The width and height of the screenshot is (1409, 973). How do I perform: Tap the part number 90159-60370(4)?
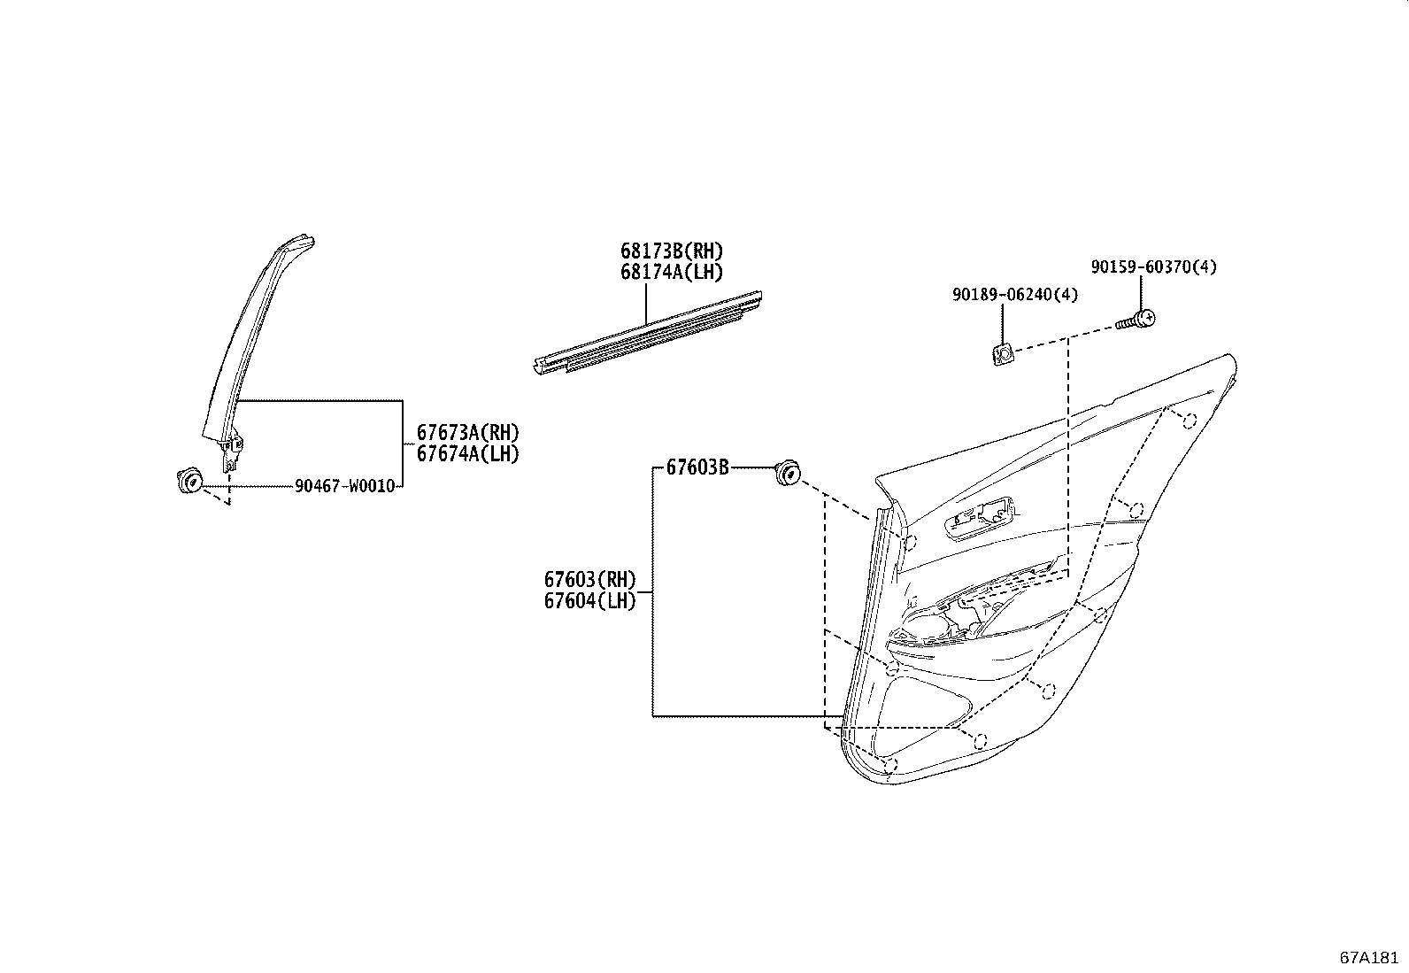click(1153, 266)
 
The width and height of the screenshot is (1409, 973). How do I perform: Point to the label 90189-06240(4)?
click(1015, 295)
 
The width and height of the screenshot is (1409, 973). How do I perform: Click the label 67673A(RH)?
click(467, 433)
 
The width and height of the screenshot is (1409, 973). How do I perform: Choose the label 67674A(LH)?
click(467, 453)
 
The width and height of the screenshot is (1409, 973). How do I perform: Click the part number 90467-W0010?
click(344, 486)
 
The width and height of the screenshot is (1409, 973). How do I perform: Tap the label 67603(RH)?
click(589, 580)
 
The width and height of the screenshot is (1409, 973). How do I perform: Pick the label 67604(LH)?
click(589, 601)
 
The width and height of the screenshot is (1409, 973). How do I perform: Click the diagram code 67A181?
click(1368, 958)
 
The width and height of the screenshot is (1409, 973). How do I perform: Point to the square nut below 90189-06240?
click(1002, 355)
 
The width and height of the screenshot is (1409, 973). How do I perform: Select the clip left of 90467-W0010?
click(189, 483)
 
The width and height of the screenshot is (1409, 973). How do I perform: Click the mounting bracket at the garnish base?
click(231, 452)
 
